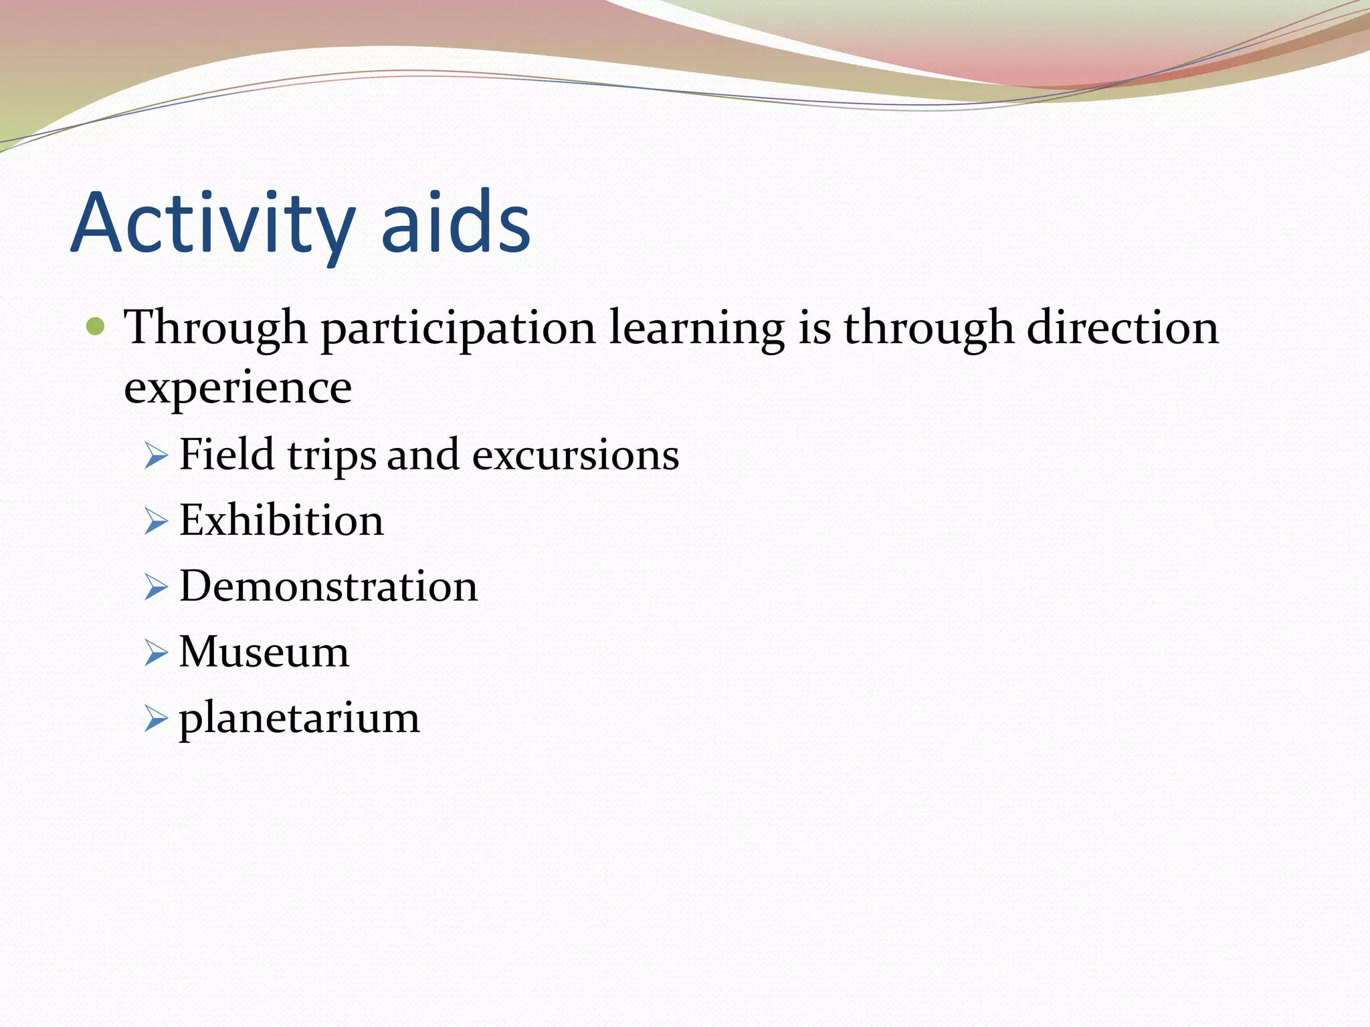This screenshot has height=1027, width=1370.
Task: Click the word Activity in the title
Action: click(212, 224)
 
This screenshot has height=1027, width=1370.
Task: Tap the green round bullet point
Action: click(96, 327)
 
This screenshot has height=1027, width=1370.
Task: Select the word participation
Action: click(458, 329)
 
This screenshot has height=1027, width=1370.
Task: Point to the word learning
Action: click(696, 329)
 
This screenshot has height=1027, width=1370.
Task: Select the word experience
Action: click(237, 388)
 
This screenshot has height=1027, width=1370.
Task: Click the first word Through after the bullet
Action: click(215, 329)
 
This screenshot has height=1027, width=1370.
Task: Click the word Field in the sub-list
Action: click(227, 455)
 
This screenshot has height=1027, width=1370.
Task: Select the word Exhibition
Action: click(282, 520)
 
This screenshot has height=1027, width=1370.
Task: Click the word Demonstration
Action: click(328, 586)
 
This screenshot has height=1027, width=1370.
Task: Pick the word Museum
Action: click(264, 652)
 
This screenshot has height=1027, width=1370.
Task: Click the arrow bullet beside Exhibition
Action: click(156, 522)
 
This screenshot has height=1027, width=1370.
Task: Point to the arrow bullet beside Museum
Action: click(156, 653)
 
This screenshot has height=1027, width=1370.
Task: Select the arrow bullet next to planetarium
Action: click(156, 719)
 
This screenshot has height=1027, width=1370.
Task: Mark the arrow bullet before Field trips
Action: click(156, 457)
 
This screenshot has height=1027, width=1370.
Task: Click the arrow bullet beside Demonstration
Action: click(156, 588)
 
